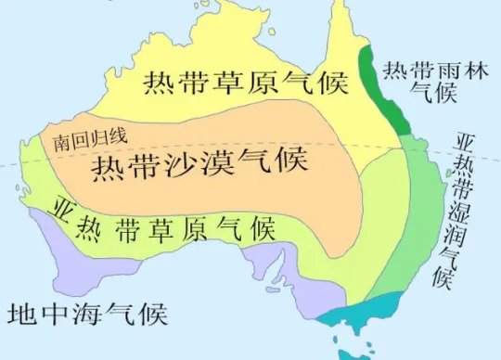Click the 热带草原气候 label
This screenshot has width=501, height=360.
(243, 84)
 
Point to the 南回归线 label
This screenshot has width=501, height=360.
(89, 140)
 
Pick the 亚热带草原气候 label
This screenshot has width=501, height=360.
(162, 224)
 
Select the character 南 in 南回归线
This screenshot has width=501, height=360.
(61, 141)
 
